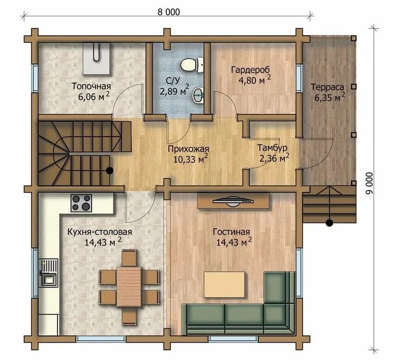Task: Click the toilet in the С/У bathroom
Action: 192,65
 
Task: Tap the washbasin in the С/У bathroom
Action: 198,95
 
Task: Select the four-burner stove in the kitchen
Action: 81,203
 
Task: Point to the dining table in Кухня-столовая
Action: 129,287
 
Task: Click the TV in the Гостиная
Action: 233,201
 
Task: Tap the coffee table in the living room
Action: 225,285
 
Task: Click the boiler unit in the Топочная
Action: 97,58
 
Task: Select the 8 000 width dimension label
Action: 168,12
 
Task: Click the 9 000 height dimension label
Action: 369,183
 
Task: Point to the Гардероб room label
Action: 251,70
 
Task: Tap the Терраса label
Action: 327,87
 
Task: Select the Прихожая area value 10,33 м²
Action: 191,159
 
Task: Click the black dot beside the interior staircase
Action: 110,171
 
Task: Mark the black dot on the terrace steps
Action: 329,222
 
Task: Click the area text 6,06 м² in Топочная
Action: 94,96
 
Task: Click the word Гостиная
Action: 231,232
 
